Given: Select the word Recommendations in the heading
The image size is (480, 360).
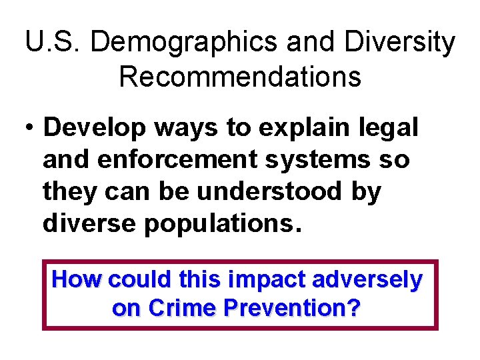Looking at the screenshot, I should click(240, 77).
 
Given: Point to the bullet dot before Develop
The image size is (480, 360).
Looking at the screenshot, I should click(30, 129).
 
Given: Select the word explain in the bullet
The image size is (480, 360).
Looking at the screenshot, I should click(294, 129).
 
